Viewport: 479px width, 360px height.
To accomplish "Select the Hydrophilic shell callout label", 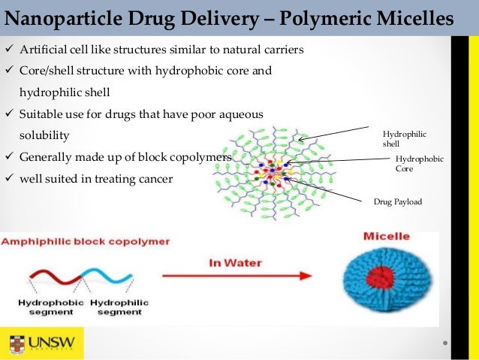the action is coord(405,138).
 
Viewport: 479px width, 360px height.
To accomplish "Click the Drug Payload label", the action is coord(398,201).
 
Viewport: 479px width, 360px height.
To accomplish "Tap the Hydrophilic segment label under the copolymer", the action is coord(119,307).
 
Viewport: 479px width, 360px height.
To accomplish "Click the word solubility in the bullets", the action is coord(44,137).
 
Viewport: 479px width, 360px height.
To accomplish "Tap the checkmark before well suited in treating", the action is coord(9,180).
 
